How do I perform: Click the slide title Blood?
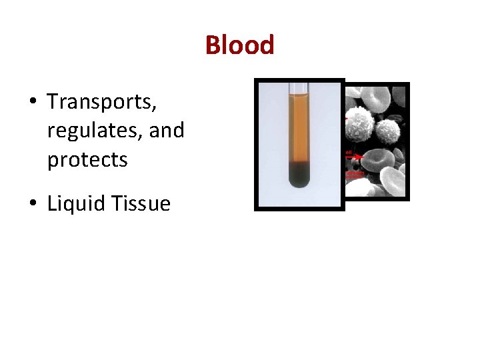click(239, 45)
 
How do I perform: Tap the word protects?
click(87, 160)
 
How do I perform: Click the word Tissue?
click(141, 203)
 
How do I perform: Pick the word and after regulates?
click(167, 130)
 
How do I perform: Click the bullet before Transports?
click(32, 103)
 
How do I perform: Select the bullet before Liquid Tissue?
click(32, 204)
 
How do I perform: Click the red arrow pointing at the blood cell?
click(356, 157)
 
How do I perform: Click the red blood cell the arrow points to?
click(377, 160)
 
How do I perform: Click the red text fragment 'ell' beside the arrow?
click(348, 152)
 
